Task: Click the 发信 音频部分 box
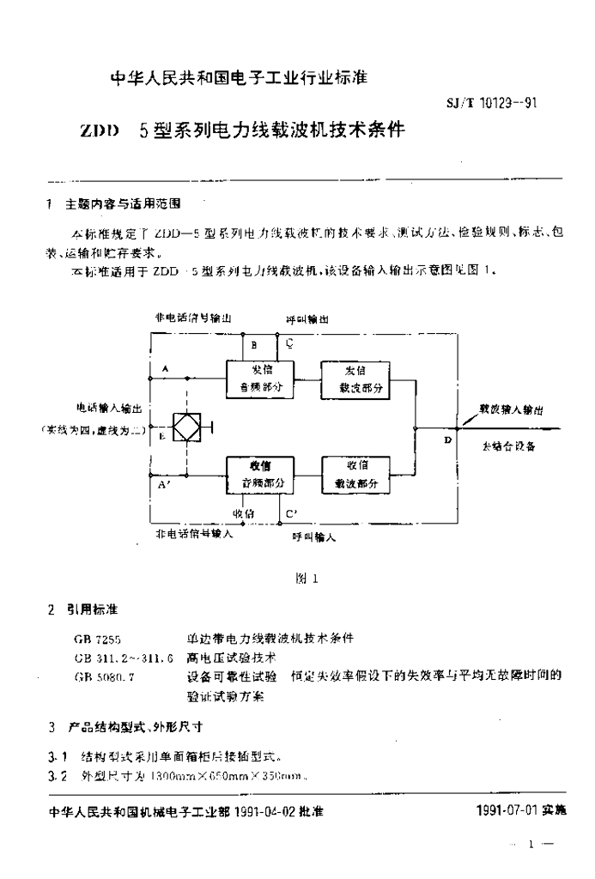tap(260, 379)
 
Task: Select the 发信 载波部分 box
tap(355, 379)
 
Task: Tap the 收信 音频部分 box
tap(260, 475)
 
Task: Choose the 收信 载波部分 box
tap(355, 475)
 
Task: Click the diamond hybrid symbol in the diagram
tap(183, 427)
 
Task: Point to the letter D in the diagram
tap(447, 439)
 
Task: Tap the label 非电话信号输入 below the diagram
tap(194, 533)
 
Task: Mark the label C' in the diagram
tap(292, 514)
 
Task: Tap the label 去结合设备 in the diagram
tap(510, 448)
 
